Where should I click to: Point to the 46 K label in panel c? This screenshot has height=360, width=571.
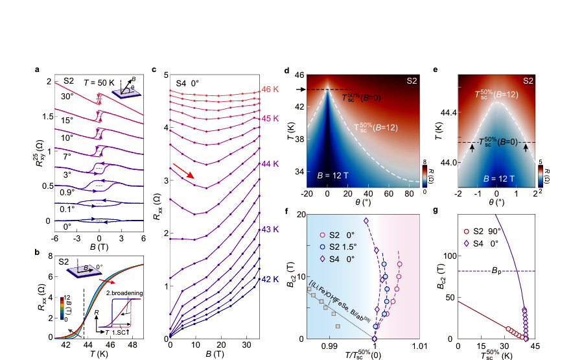[x=270, y=89]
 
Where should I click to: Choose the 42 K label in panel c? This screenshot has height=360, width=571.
[x=270, y=281]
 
